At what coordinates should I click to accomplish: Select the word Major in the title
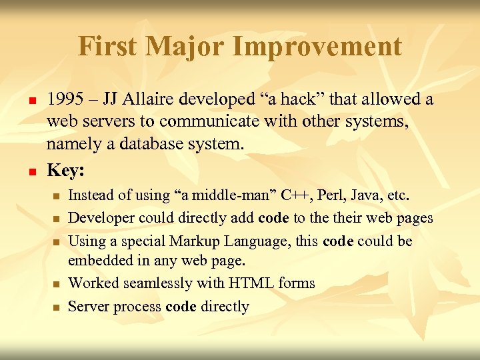[190, 47]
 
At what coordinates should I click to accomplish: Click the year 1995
[65, 100]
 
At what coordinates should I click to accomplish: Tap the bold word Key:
[65, 171]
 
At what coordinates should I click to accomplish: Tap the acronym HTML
[251, 283]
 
